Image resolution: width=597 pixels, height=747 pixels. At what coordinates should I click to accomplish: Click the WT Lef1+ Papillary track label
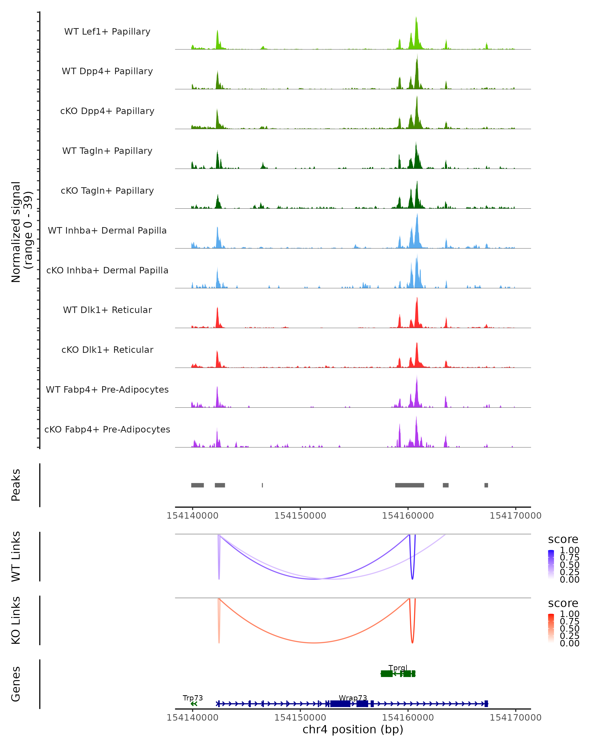click(107, 32)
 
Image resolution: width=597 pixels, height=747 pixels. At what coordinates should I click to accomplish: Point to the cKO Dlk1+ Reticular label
click(107, 350)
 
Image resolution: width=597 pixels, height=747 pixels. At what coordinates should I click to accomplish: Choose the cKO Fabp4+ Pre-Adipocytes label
click(107, 429)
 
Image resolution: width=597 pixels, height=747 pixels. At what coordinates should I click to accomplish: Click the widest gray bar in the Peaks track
click(409, 485)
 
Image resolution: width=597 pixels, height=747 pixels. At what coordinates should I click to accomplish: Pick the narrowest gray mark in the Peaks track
click(262, 485)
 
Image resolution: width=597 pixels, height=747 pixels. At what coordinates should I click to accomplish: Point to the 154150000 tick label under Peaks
click(300, 516)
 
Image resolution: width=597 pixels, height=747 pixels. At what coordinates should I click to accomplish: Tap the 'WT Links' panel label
click(16, 557)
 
